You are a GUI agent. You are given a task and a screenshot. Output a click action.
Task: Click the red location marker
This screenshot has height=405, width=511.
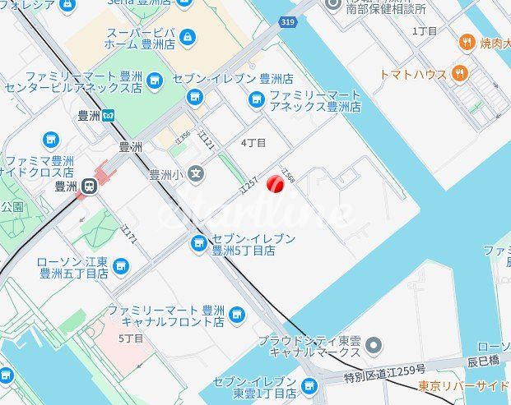[x=276, y=186]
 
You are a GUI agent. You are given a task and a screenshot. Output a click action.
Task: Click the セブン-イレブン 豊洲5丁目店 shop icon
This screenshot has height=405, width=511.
[x=198, y=243]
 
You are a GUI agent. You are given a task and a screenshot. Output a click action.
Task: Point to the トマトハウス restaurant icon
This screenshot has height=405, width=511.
[x=460, y=74]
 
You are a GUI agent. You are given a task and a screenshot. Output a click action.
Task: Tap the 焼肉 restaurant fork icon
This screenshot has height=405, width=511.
[x=467, y=42]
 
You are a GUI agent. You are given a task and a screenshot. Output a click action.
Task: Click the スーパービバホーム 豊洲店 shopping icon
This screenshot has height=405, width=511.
[x=188, y=37]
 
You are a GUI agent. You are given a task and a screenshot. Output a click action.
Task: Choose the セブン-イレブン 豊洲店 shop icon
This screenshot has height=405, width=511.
[x=194, y=97]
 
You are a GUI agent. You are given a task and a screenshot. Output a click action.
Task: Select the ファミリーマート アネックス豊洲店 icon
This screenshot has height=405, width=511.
[x=257, y=99]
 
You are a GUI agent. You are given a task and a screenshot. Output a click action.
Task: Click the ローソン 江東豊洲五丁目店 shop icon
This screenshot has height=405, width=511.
[x=121, y=266]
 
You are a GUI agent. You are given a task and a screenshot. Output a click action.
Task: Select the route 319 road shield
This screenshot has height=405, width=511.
[x=286, y=22]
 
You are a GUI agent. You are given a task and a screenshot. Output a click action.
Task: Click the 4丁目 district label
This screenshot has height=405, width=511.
[x=253, y=143]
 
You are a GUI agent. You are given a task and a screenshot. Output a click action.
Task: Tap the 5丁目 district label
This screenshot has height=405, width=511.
[x=131, y=338]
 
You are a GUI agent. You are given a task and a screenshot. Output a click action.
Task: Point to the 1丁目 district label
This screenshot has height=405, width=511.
[x=425, y=31]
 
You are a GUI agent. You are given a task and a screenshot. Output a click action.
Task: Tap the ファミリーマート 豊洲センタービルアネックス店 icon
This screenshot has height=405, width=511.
[x=155, y=79]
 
